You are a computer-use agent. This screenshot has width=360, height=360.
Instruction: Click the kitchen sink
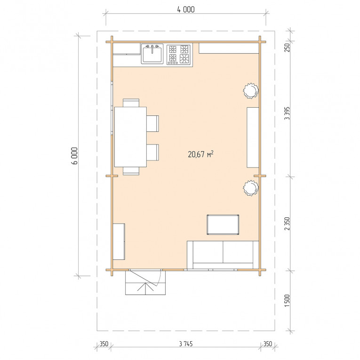152,54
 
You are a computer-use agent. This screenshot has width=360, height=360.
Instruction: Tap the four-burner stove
179,55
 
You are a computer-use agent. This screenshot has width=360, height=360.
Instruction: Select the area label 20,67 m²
200,154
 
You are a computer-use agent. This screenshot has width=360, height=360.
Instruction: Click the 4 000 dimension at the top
186,9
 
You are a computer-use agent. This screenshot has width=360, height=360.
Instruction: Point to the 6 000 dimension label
75,156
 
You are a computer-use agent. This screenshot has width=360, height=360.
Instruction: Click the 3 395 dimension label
287,113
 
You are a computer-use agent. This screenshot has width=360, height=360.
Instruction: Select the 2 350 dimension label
287,224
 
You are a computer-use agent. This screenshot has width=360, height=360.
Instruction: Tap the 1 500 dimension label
287,301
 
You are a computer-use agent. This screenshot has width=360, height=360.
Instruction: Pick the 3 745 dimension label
186,344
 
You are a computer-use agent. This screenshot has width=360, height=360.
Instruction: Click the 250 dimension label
287,48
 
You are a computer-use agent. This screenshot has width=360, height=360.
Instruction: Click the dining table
130,137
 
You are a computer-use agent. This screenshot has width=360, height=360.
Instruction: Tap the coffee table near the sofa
223,224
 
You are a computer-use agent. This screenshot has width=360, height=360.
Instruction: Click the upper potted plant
251,91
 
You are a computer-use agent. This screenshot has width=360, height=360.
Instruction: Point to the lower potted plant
251,188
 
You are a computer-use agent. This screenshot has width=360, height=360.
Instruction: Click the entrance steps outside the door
145,283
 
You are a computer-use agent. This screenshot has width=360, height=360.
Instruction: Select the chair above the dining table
131,103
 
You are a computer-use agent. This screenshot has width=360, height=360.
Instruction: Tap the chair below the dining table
131,171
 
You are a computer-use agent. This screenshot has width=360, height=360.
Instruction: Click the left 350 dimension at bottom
104,344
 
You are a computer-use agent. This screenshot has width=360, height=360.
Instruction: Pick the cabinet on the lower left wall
119,241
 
